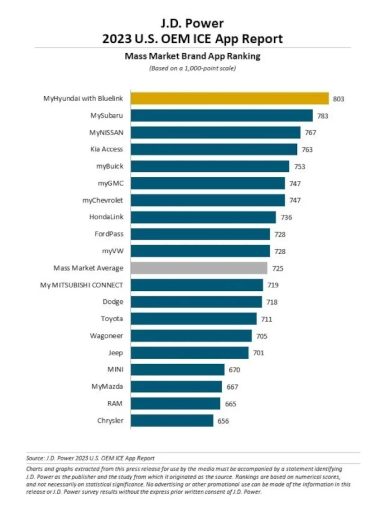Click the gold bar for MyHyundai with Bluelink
click(230, 99)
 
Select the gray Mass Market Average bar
click(199, 268)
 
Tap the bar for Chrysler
click(172, 421)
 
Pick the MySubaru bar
click(222, 115)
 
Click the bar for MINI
click(177, 370)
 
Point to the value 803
click(338, 99)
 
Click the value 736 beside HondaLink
click(286, 217)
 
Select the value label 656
click(223, 421)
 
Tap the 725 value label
click(278, 268)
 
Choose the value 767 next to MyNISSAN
click(310, 133)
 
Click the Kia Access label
click(107, 149)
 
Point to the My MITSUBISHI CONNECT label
click(81, 285)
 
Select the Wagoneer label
click(106, 336)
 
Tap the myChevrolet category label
click(103, 200)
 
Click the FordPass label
click(109, 234)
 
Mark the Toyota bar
click(194, 319)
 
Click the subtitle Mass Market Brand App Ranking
click(192, 56)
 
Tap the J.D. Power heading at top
click(192, 24)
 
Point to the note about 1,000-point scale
click(192, 68)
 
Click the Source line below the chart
click(90, 458)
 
